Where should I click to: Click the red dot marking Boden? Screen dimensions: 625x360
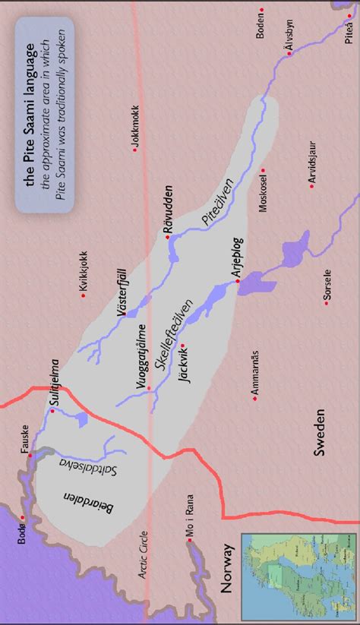tap(262, 10)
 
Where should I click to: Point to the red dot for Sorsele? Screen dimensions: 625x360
tap(326, 303)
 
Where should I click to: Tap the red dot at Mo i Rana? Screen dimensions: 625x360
tap(188, 541)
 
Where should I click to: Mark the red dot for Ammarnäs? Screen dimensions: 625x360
tap(254, 398)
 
